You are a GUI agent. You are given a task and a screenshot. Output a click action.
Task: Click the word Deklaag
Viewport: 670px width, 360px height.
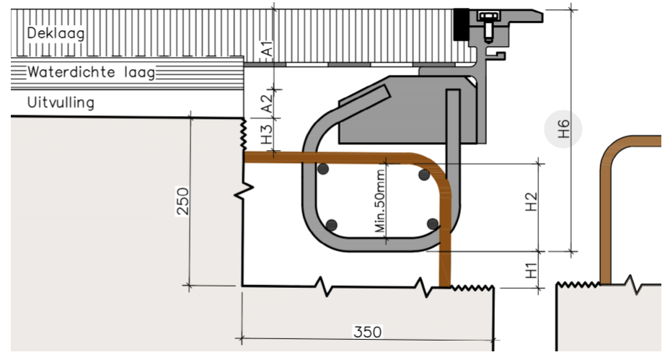point(56,33)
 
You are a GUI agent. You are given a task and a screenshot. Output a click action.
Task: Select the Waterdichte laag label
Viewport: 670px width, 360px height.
point(92,73)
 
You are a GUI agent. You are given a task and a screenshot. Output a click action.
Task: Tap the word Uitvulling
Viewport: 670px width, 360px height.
point(61,102)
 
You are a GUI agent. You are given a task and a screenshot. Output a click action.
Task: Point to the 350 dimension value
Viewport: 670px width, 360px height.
point(367,332)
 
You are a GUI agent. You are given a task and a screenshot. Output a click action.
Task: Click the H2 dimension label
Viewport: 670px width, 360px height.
point(532,202)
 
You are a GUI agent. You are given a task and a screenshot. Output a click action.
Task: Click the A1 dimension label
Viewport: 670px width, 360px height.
point(266,50)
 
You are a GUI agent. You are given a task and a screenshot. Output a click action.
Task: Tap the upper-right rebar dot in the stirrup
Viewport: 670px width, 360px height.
point(424,175)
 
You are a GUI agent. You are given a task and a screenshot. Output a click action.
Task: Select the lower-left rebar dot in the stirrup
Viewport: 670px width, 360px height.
point(331,225)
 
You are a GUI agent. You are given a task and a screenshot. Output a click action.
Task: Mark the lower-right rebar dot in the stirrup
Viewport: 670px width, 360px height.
point(432,224)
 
